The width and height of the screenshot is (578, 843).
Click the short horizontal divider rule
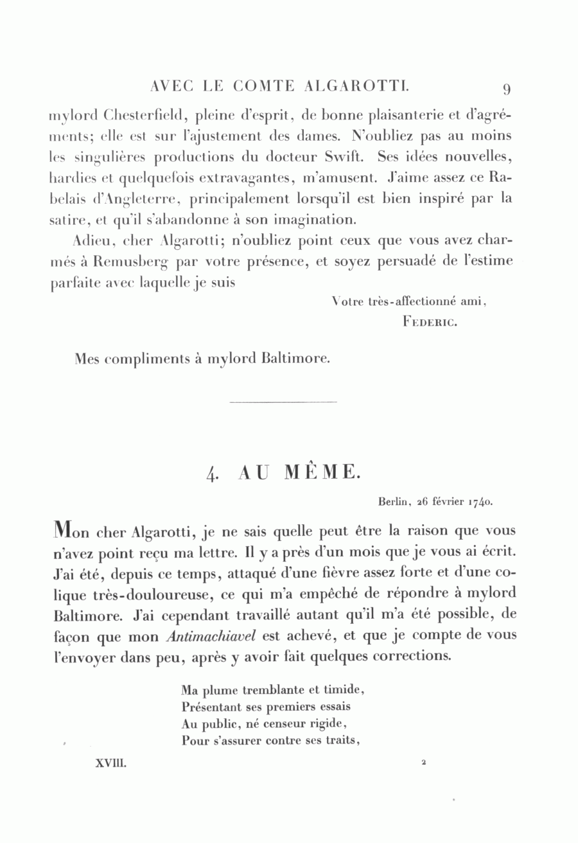(x=283, y=403)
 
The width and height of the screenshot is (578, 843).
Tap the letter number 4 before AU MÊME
(x=212, y=474)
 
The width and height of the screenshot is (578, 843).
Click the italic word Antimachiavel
(x=202, y=637)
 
